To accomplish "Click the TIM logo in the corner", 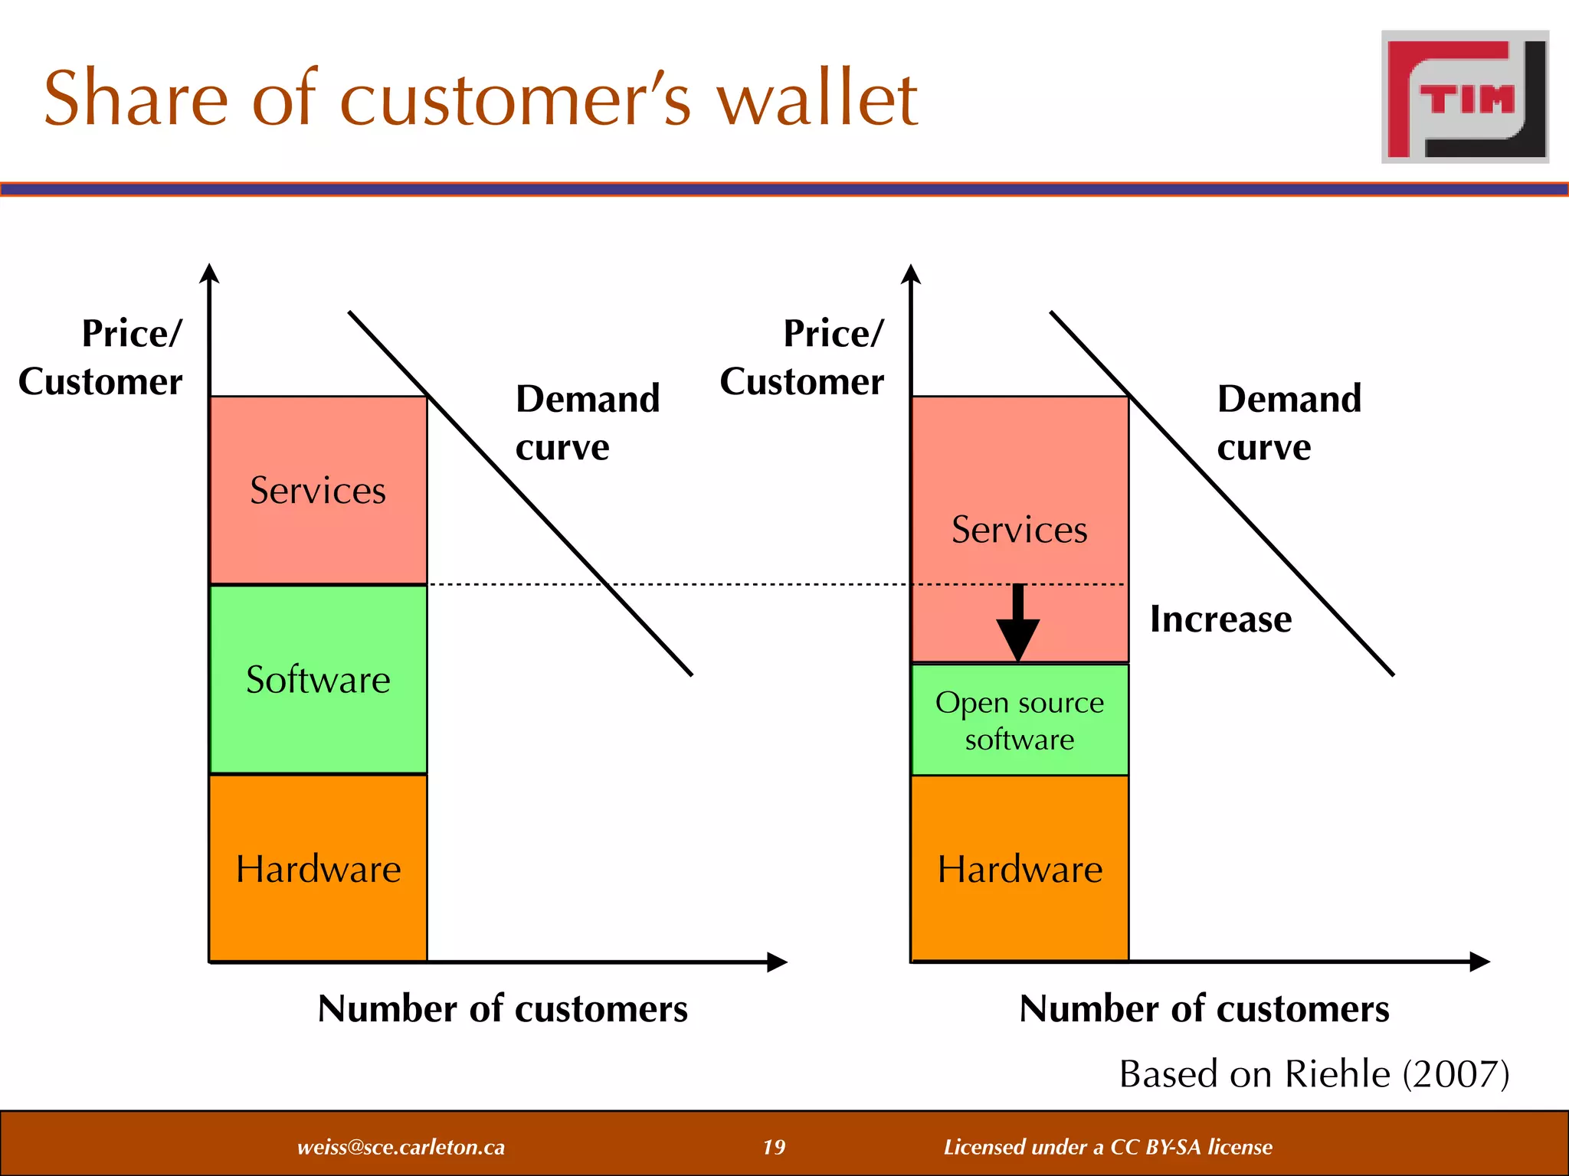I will (1465, 97).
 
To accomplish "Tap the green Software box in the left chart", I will (318, 680).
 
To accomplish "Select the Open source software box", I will (1020, 720).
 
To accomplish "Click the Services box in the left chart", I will (318, 491).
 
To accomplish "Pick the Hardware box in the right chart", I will (1020, 869).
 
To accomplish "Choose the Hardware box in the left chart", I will (318, 869).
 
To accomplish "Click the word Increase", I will (1220, 619).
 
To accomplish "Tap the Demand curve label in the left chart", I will (587, 423).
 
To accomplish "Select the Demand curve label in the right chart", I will (1289, 423).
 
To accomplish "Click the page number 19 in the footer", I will (774, 1147).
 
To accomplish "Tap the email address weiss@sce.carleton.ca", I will (401, 1147).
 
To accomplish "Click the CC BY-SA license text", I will (1108, 1147).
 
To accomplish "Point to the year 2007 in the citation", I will (1456, 1073).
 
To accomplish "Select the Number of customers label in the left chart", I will (503, 1009).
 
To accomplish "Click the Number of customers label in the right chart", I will (1204, 1009).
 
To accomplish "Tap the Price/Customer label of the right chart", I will (802, 358).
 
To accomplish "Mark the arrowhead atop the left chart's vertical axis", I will (209, 273).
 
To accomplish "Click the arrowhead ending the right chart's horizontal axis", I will (1479, 962).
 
